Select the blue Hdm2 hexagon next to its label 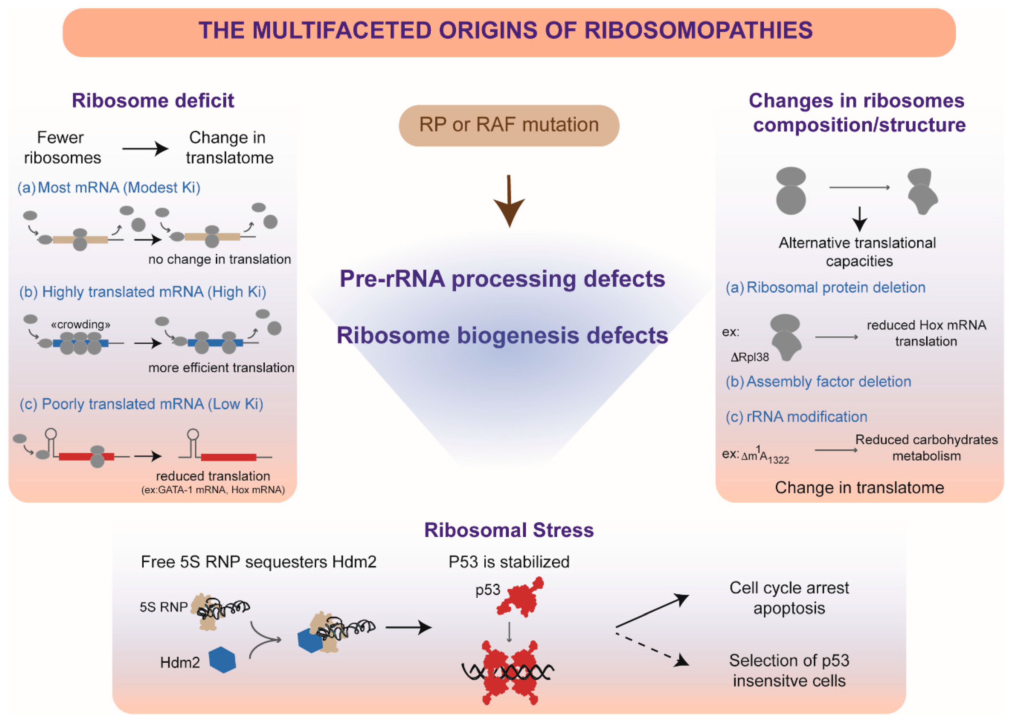tap(222, 660)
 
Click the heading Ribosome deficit tap(153, 101)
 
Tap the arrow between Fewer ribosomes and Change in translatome tap(145, 149)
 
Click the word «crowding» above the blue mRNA tap(80, 324)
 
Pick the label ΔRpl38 tap(750, 357)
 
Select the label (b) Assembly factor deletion tap(818, 381)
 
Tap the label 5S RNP tap(164, 607)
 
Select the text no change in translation tap(219, 259)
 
